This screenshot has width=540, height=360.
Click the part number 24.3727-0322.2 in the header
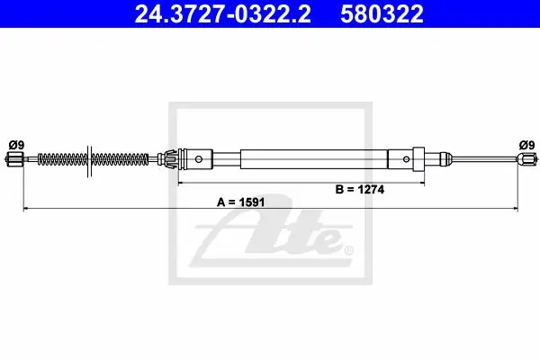222,13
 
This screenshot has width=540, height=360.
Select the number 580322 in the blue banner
382,13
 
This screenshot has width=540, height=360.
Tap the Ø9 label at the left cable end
16,146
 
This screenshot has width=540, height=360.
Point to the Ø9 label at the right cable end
526,146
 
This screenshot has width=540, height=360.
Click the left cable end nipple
13,159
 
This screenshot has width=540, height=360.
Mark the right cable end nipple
526,159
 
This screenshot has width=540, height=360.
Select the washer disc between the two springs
89,161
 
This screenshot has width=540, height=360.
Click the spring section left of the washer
62,159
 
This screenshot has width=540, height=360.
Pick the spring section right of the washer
120,159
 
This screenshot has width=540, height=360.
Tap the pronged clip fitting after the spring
169,159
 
